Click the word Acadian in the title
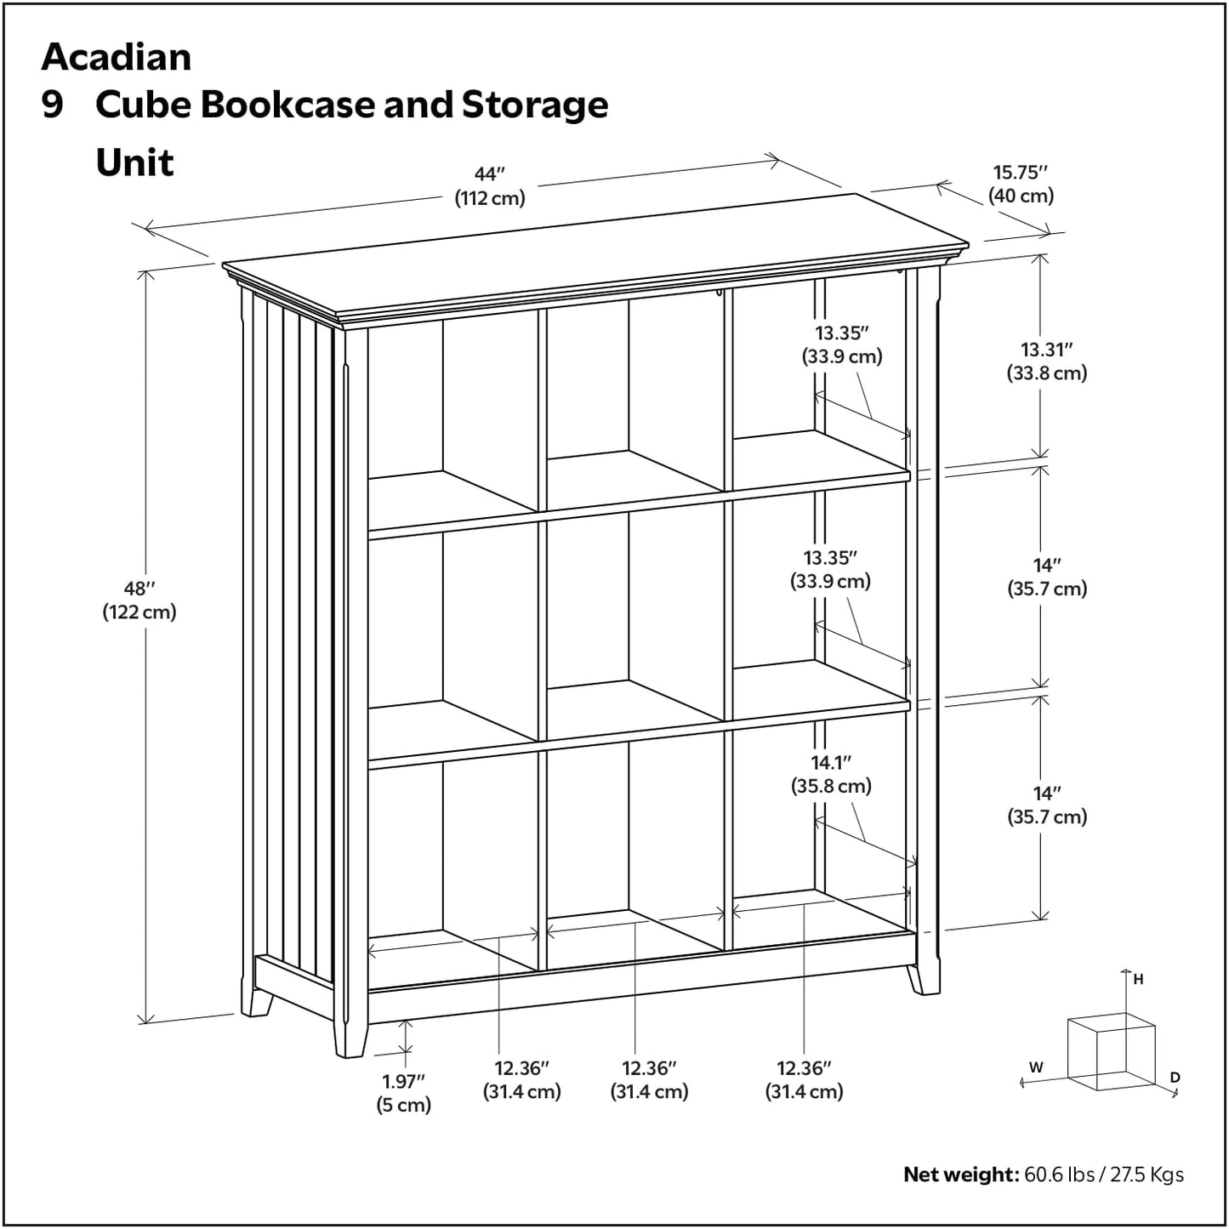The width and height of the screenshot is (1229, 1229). pyautogui.click(x=117, y=57)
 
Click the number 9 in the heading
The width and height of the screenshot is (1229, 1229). pyautogui.click(x=53, y=105)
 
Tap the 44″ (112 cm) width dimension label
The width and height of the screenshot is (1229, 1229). pyautogui.click(x=489, y=186)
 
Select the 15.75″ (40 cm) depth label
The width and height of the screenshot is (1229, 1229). pyautogui.click(x=1021, y=185)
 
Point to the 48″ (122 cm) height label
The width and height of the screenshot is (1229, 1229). pyautogui.click(x=139, y=600)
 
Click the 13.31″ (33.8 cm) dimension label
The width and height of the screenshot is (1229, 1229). pyautogui.click(x=1047, y=361)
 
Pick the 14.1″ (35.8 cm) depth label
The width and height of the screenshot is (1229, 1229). pyautogui.click(x=831, y=775)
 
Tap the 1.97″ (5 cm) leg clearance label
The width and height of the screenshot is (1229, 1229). pyautogui.click(x=403, y=1093)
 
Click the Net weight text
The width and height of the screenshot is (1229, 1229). pyautogui.click(x=1043, y=1175)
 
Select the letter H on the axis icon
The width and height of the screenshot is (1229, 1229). pyautogui.click(x=1138, y=980)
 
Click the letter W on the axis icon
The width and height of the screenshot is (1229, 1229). pyautogui.click(x=1035, y=1067)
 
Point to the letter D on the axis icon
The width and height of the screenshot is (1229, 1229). pyautogui.click(x=1175, y=1078)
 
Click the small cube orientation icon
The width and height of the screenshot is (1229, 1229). pyautogui.click(x=1110, y=1051)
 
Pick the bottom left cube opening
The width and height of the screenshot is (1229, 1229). pyautogui.click(x=451, y=868)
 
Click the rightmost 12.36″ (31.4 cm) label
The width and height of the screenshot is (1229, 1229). pyautogui.click(x=804, y=1079)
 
